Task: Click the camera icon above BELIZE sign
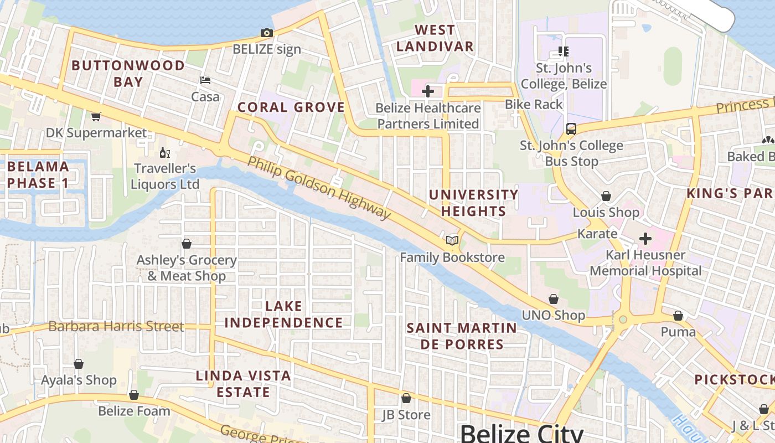(267, 33)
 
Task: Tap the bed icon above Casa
(205, 80)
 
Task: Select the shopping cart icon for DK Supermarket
(96, 116)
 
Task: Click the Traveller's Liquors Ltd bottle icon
(164, 152)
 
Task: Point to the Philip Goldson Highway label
(319, 188)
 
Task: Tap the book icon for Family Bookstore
(452, 240)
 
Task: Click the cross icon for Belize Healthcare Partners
(427, 91)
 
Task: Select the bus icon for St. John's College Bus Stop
(571, 129)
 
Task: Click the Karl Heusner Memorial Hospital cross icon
(645, 239)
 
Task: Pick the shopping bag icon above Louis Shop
(606, 196)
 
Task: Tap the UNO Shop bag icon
(554, 299)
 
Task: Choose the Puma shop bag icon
(678, 316)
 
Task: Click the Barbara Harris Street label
(116, 326)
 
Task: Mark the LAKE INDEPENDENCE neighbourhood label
(284, 314)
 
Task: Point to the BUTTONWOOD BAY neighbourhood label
(128, 74)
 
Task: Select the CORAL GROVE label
(291, 107)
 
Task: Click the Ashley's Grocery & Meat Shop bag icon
(187, 244)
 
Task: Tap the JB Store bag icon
(406, 398)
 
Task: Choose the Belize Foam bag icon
(134, 395)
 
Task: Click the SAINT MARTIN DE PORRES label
(462, 336)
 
